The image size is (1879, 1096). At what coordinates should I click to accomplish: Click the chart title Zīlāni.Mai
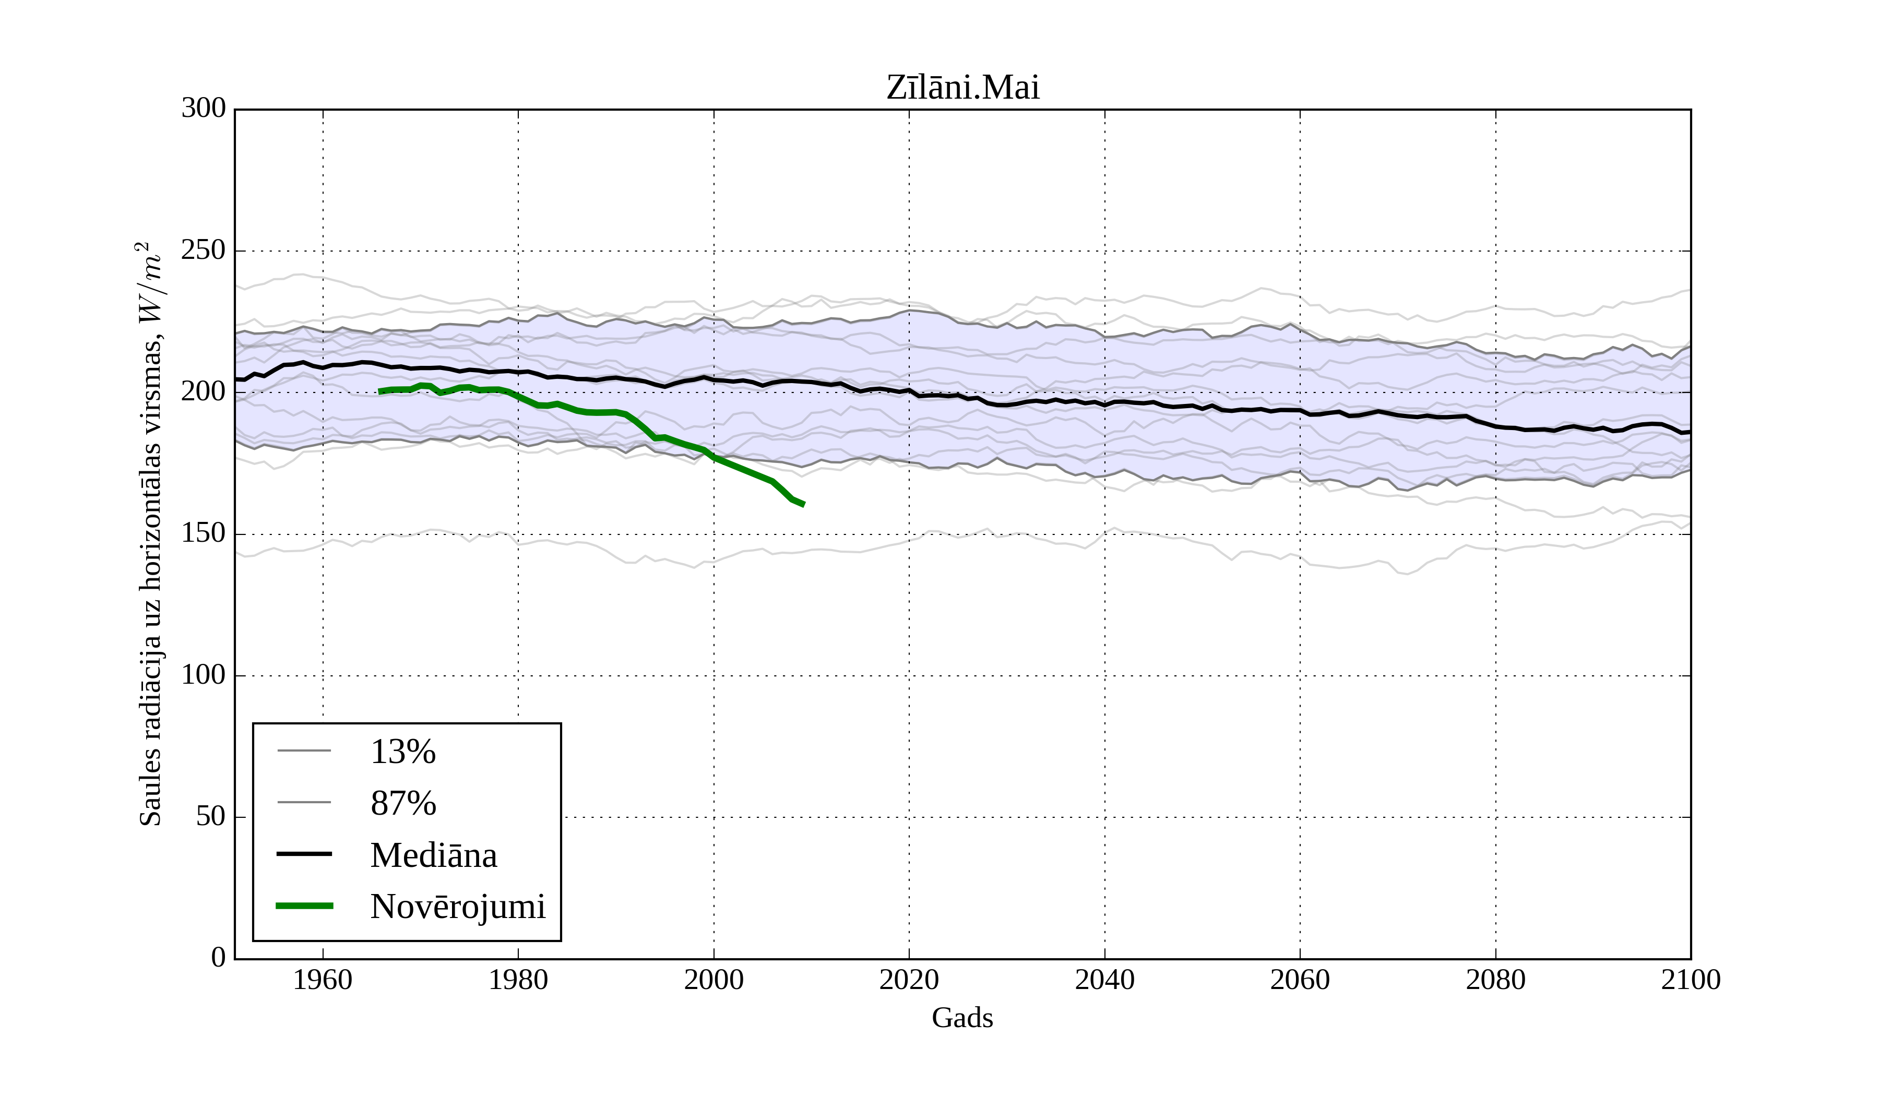[x=962, y=88]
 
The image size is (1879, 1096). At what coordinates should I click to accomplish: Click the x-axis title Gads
[x=962, y=1018]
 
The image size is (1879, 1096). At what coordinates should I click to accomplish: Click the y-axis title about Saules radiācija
[x=151, y=534]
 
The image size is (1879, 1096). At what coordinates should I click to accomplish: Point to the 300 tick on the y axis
[x=204, y=109]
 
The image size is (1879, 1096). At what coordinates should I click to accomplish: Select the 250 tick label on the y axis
[x=204, y=251]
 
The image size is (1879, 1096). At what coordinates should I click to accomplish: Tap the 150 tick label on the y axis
[x=204, y=534]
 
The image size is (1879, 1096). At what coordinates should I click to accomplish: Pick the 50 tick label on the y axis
[x=211, y=817]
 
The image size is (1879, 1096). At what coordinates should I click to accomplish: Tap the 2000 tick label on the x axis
[x=713, y=980]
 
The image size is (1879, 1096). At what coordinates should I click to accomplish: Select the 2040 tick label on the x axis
[x=1104, y=980]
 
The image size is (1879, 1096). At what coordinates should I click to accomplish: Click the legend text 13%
[x=402, y=752]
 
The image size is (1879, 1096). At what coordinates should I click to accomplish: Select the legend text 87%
[x=402, y=803]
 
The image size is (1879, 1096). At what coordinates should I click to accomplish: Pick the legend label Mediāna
[x=433, y=855]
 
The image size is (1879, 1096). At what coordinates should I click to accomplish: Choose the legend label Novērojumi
[x=458, y=907]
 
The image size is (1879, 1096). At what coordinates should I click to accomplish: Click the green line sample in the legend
[x=304, y=906]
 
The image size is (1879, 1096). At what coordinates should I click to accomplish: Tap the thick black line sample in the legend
[x=304, y=854]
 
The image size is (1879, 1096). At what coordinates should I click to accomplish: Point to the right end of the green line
[x=804, y=505]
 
